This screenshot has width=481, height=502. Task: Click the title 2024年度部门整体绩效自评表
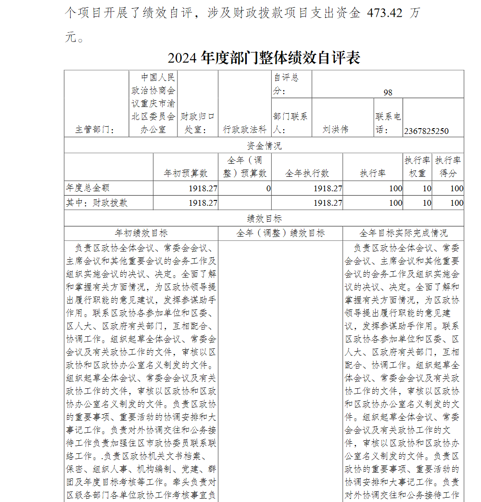264,58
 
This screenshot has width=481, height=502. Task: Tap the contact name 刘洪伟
335,130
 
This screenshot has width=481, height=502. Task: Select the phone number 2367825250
427,131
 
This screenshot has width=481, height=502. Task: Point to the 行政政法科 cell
244,130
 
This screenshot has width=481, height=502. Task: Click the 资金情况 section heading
264,145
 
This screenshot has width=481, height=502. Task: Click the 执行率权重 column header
417,167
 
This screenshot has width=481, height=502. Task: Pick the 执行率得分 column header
448,167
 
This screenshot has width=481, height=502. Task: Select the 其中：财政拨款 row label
97,203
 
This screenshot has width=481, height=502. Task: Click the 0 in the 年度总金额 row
268,188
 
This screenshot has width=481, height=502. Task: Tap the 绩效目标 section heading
264,218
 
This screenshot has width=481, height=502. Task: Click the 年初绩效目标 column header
141,233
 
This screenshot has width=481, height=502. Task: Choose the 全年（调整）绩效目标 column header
280,233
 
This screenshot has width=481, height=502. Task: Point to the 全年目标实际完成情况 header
403,233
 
